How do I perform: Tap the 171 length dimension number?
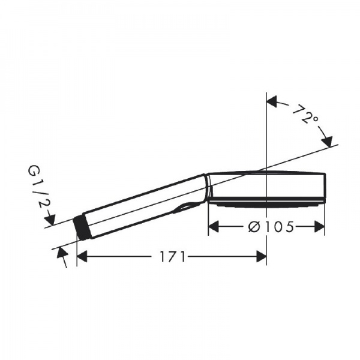point(172,257)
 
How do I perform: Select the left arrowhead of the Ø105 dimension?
point(214,227)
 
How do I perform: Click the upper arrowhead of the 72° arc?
point(272,101)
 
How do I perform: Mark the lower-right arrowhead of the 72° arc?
point(327,142)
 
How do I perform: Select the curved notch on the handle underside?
point(187,208)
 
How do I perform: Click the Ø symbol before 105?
point(253,227)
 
